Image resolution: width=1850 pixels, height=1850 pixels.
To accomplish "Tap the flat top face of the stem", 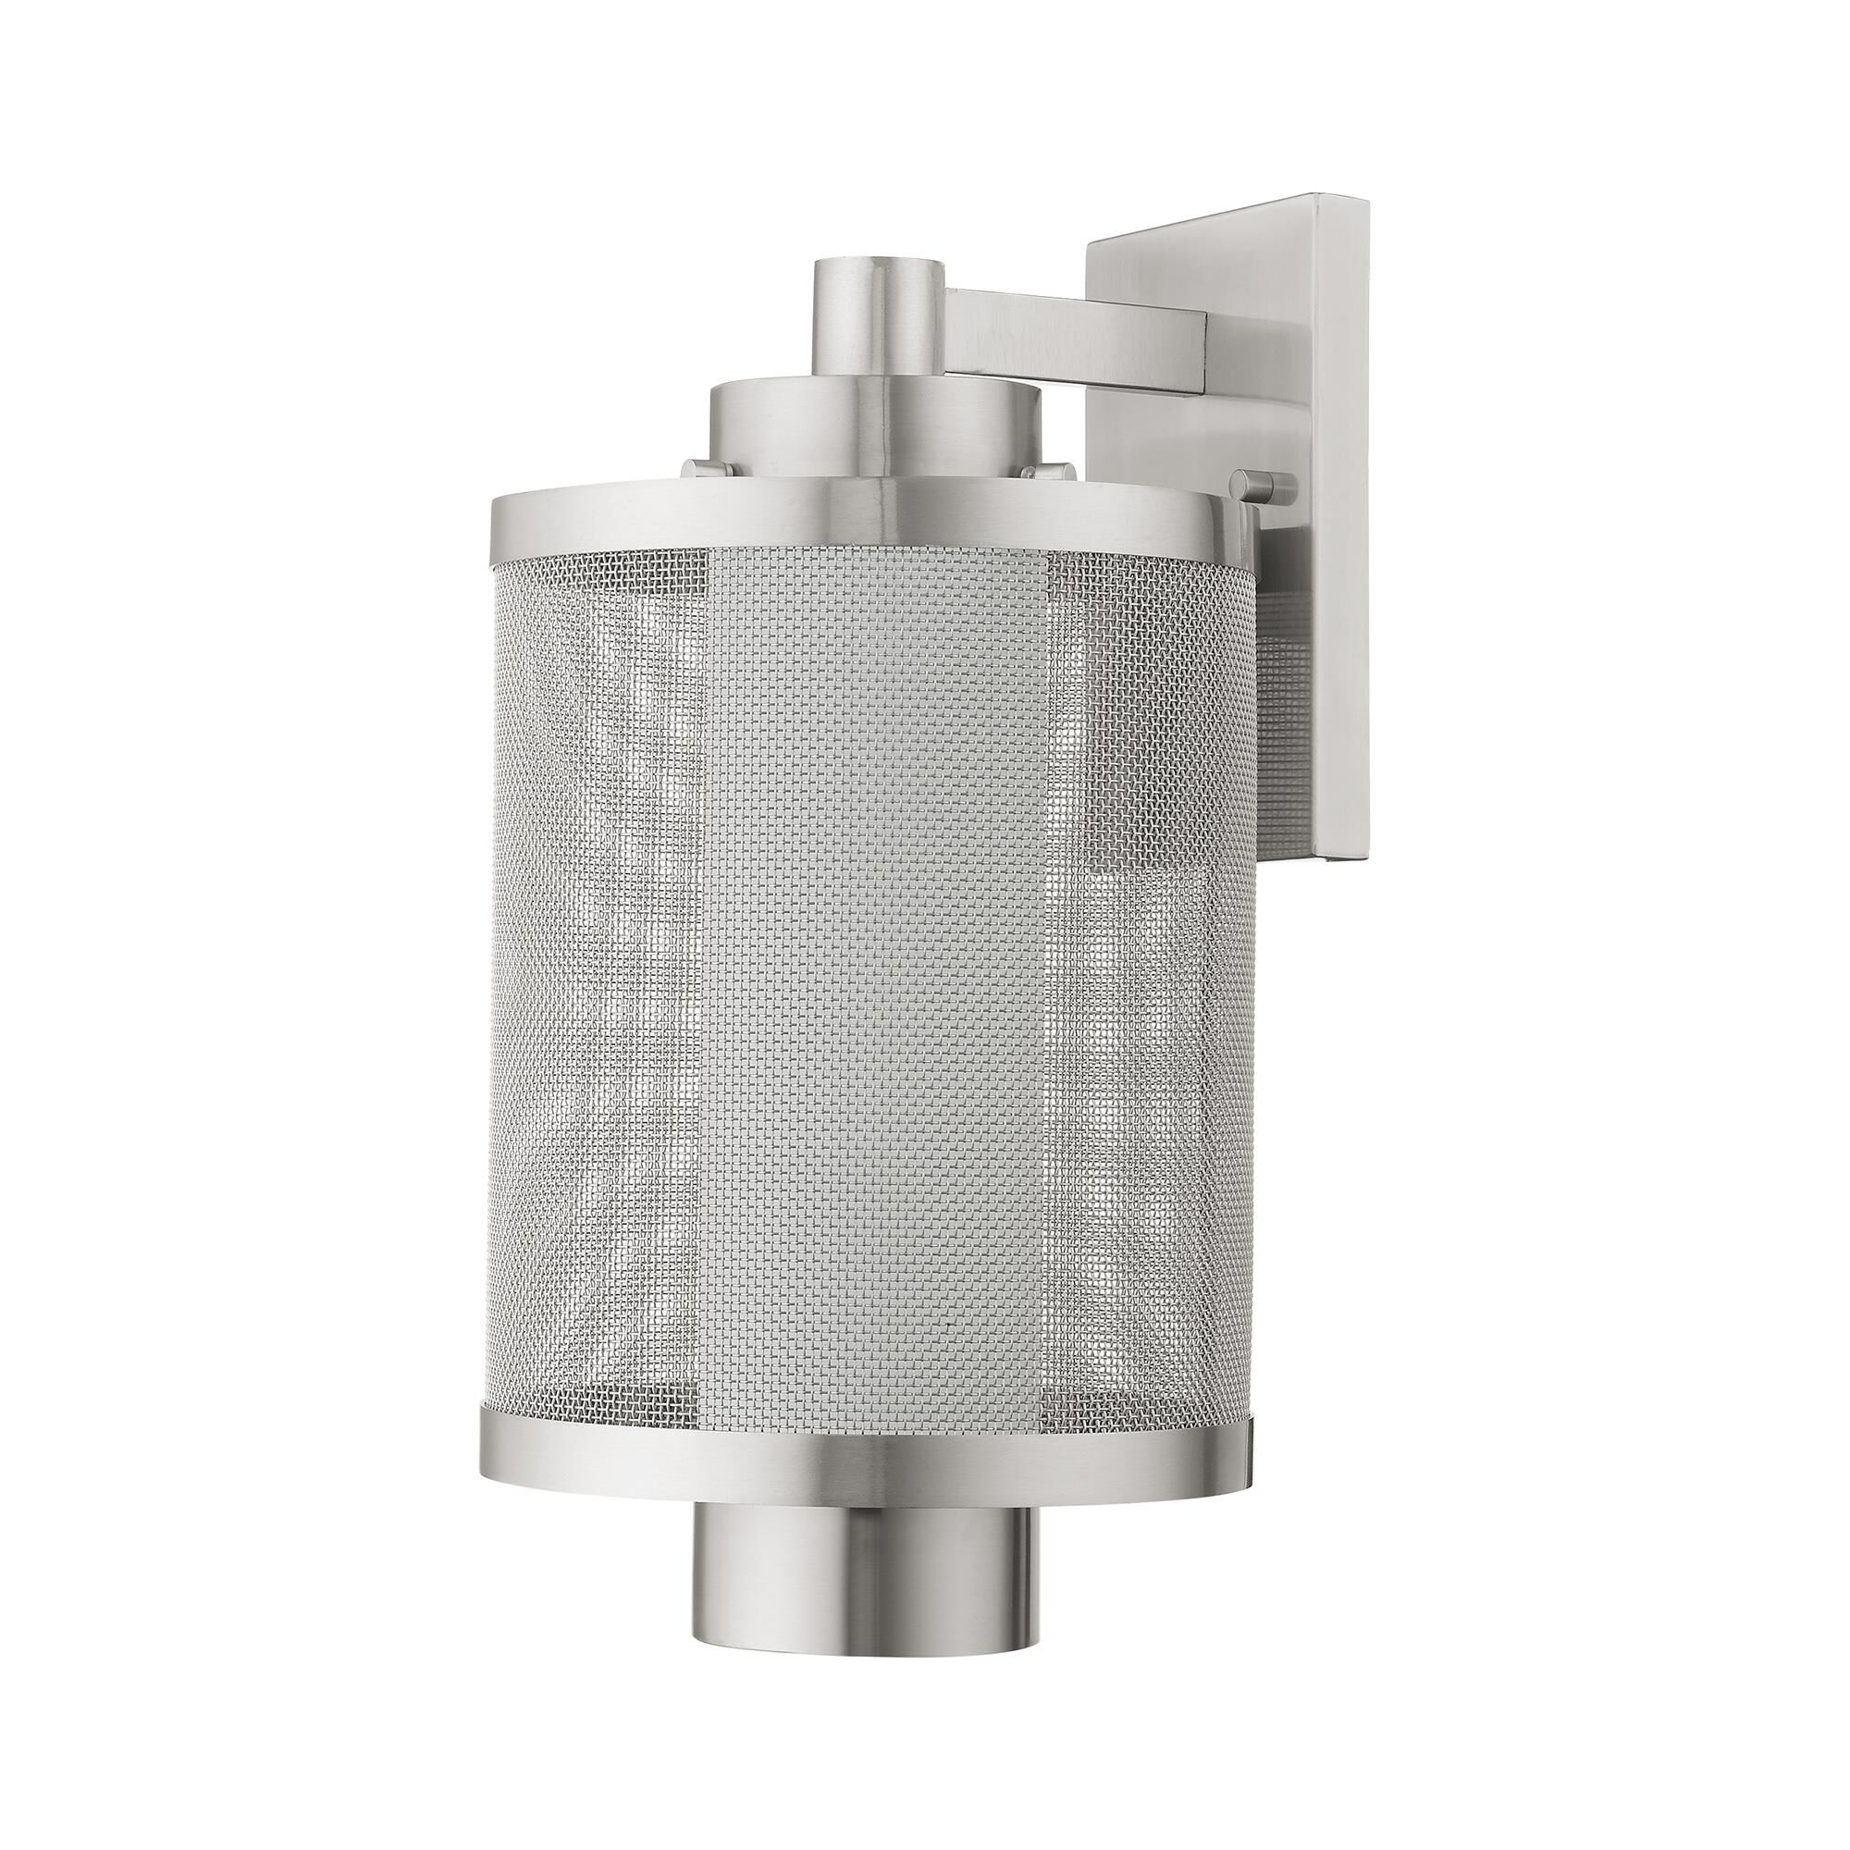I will point(875,290).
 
